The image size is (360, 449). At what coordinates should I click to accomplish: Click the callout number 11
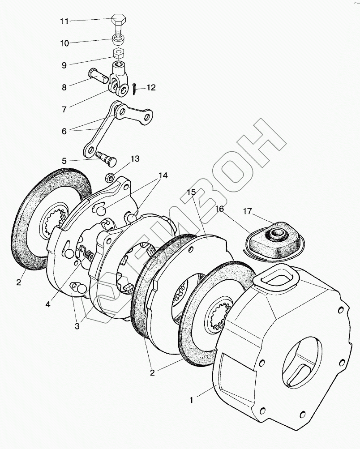64,21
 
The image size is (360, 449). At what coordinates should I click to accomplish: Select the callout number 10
64,43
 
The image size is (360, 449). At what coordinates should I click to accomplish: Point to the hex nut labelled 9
118,55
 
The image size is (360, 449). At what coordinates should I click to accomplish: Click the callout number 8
64,88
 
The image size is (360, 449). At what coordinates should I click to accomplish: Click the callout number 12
150,88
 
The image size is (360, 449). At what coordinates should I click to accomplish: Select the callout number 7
64,109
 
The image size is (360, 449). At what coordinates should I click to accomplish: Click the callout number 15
191,192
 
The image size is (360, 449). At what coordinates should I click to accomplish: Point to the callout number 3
77,326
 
